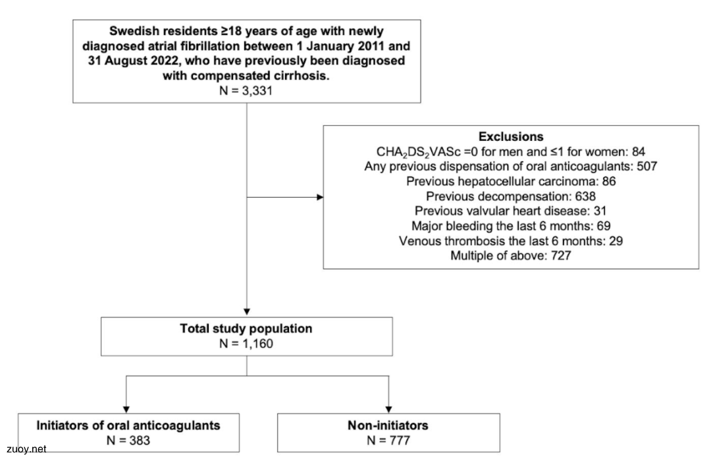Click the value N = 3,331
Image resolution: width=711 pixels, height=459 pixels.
point(246,90)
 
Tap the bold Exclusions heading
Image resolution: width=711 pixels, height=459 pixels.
point(511,136)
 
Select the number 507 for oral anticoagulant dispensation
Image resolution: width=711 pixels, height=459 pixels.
point(646,166)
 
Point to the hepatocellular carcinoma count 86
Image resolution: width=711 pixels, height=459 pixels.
point(608,181)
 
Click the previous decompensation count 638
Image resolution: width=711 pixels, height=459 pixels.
point(585,196)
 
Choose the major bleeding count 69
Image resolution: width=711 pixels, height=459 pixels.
point(604,226)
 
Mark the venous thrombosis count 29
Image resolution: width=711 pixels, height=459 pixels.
point(616,240)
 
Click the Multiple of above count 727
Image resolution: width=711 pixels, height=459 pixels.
point(561,256)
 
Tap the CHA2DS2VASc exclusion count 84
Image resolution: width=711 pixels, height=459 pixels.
point(638,151)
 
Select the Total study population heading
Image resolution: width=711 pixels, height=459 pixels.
point(246,329)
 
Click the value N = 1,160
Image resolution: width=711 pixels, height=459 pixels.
point(246,343)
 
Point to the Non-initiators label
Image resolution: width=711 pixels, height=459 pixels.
point(388,425)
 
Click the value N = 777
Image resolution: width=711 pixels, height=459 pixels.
point(388,440)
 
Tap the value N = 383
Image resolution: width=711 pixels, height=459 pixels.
point(128,440)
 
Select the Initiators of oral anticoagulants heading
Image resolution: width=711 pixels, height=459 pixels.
point(128,425)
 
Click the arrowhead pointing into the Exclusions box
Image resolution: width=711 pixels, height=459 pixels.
point(320,198)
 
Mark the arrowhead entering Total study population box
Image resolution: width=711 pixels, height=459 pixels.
point(247,312)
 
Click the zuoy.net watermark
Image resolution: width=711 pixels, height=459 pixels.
point(26,449)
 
